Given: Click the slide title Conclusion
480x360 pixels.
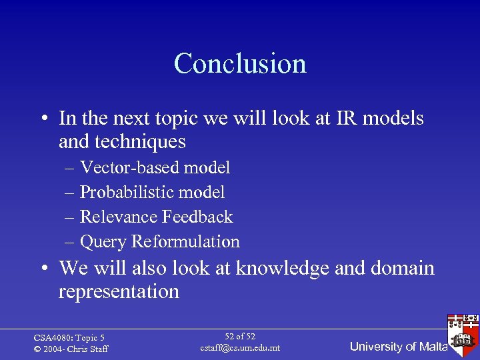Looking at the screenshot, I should (x=240, y=63).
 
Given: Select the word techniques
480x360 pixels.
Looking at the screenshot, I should (x=122, y=142).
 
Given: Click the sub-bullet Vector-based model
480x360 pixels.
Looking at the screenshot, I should (x=155, y=168).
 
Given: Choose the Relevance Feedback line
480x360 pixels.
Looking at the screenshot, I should (x=156, y=217).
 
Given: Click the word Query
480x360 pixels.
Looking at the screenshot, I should (x=103, y=242).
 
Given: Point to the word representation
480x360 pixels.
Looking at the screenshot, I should (x=119, y=292).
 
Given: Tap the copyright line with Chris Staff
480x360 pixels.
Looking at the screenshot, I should (x=71, y=349).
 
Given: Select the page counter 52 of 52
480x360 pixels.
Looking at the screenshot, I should (x=240, y=337).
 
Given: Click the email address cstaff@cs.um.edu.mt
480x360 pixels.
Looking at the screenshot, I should (x=240, y=348).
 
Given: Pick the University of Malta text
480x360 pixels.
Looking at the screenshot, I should (x=399, y=347).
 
